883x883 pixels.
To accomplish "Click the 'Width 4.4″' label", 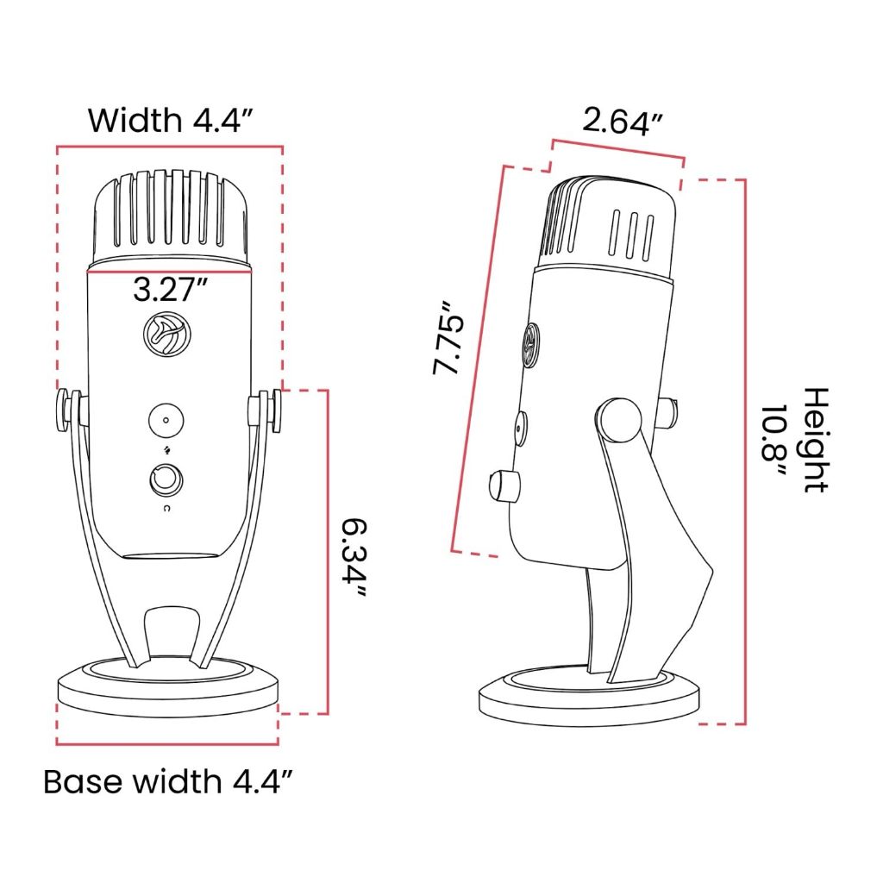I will [x=170, y=119].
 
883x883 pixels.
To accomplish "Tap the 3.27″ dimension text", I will [x=170, y=290].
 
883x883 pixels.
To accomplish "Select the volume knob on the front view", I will [x=165, y=479].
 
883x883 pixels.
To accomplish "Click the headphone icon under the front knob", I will [x=165, y=510].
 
